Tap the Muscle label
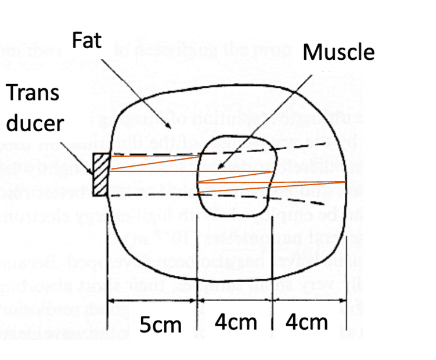pyautogui.click(x=339, y=52)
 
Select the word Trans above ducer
pyautogui.click(x=34, y=93)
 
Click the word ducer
pyautogui.click(x=36, y=123)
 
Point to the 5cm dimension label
pyautogui.click(x=160, y=325)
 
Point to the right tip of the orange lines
pyautogui.click(x=346, y=182)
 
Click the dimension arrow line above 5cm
pyautogui.click(x=154, y=301)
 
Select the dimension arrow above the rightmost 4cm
pyautogui.click(x=310, y=301)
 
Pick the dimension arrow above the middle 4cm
pyautogui.click(x=235, y=301)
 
